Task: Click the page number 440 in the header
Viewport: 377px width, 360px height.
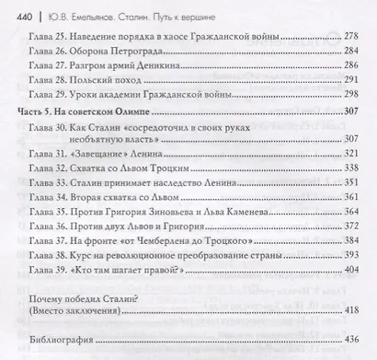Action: click(17, 12)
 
